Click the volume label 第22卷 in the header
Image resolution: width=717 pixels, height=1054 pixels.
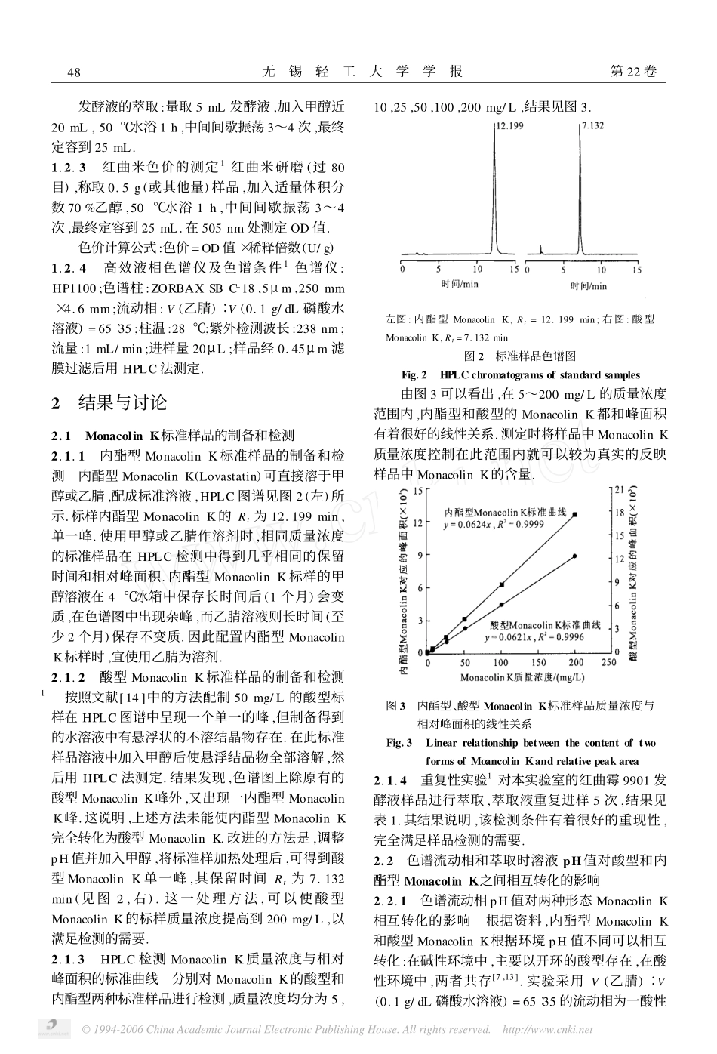point(632,72)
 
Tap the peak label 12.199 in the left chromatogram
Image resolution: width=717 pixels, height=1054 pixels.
point(509,126)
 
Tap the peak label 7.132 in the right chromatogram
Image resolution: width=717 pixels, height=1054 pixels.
point(592,126)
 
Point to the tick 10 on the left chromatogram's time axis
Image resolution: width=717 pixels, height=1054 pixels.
point(477,269)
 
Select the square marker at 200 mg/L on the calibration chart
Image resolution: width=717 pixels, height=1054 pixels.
point(575,514)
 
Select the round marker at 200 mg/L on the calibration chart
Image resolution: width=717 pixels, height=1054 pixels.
point(575,556)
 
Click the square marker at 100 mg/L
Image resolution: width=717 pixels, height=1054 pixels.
point(502,584)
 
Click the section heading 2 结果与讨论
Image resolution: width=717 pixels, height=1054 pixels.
point(109,403)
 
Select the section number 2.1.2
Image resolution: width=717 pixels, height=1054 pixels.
point(69,676)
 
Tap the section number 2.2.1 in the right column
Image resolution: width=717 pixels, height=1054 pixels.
point(391,901)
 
